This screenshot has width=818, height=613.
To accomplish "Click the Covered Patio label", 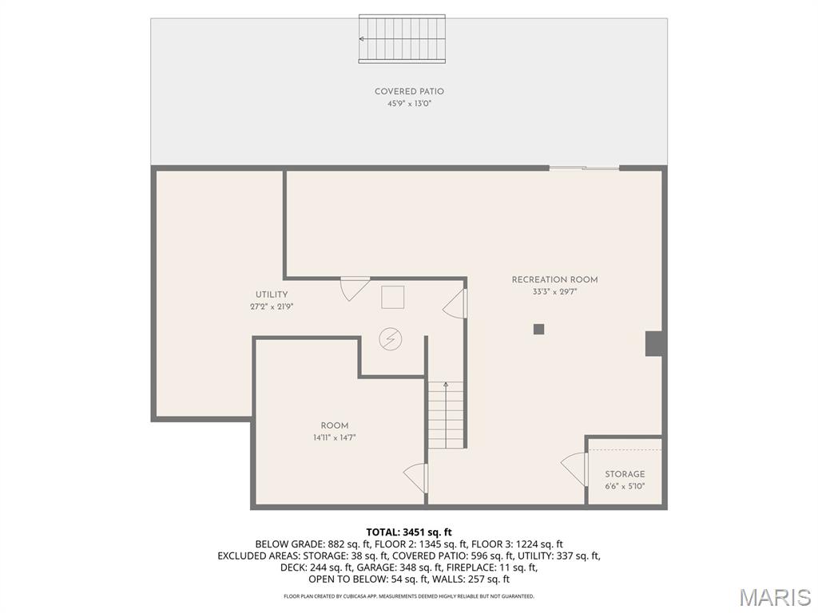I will pos(409,92).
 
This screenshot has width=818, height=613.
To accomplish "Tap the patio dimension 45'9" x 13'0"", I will pos(409,104).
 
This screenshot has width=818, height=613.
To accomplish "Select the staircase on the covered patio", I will pos(402,38).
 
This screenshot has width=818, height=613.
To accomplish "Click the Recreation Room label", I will pos(554,280).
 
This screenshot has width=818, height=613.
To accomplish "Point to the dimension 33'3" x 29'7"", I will pos(554,292).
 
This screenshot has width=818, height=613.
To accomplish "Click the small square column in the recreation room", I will pos(539,328).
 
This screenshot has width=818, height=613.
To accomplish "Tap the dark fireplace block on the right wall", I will pos(654,343).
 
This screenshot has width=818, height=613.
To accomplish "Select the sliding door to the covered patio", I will pos(584,168).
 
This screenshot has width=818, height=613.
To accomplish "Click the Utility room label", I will pos(272,295).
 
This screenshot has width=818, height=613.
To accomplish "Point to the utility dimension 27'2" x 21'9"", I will pos(272,306).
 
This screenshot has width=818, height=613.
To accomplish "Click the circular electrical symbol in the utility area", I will pos(391,339).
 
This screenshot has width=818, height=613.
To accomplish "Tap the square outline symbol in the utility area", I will pos(392,297).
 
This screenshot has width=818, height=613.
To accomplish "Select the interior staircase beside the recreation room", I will pos(446,414).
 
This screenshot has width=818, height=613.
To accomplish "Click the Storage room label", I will pos(625,474).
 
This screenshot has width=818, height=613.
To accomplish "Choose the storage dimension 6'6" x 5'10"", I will pos(625,486).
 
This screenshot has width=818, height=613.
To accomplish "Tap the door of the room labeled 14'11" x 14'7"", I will pos(416,478).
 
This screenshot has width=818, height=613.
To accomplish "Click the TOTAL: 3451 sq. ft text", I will pos(409,532).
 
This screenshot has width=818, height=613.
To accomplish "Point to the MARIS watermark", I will pos(774,596).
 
